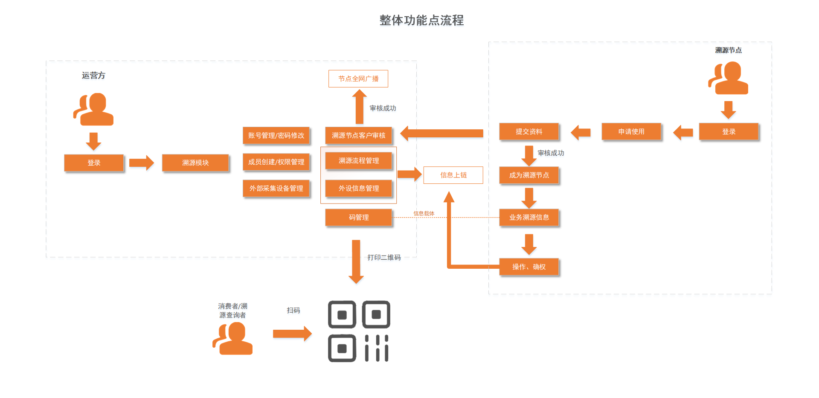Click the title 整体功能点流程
tap(421, 20)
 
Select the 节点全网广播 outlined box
tap(358, 78)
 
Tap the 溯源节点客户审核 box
tap(358, 135)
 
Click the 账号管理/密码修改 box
tap(276, 135)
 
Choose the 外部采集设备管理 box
tap(276, 188)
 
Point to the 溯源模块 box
tap(195, 163)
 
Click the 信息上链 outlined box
tap(453, 175)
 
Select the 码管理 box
tap(358, 217)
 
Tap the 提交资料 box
tap(529, 131)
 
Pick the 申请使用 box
tap(631, 131)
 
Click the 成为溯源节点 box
tap(529, 175)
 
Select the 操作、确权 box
tap(529, 267)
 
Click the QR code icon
tap(359, 331)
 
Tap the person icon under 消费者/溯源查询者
tap(232, 338)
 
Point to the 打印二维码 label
tap(384, 257)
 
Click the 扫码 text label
tap(293, 310)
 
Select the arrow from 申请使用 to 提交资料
tap(581, 132)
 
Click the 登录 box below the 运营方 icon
tap(94, 163)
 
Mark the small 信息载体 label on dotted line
tap(424, 213)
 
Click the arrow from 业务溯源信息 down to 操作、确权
tap(529, 244)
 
